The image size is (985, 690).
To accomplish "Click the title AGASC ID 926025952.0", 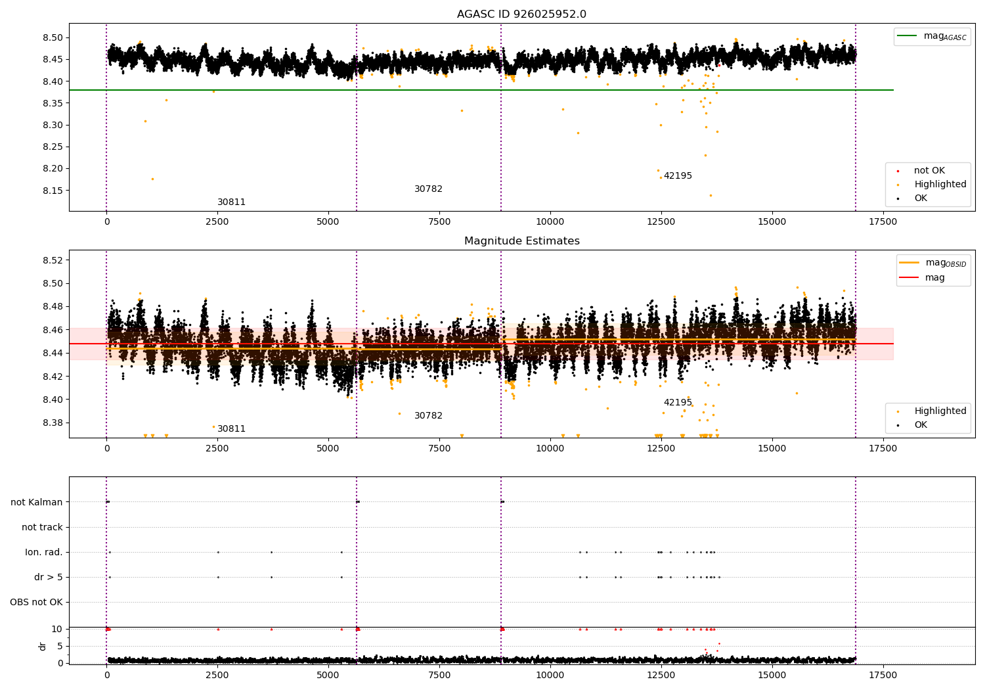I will coord(521,14).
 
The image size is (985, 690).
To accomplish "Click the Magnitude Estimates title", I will coord(521,241).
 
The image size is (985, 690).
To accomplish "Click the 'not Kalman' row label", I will coord(37,502).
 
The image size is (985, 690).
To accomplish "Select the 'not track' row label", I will coord(42,527).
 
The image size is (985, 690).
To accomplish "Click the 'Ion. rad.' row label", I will coord(44,552).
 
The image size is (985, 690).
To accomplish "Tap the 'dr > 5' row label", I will coord(49,577).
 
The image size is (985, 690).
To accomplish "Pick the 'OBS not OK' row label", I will coord(37,602).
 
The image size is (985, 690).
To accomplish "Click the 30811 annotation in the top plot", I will coord(231,202).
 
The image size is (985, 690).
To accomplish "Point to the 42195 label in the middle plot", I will coord(678,403).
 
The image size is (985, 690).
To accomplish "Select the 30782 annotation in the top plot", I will coord(428,189).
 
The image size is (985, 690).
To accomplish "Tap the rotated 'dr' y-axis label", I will coord(43,646).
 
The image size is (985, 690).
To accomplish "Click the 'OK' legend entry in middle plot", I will coord(921,425).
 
